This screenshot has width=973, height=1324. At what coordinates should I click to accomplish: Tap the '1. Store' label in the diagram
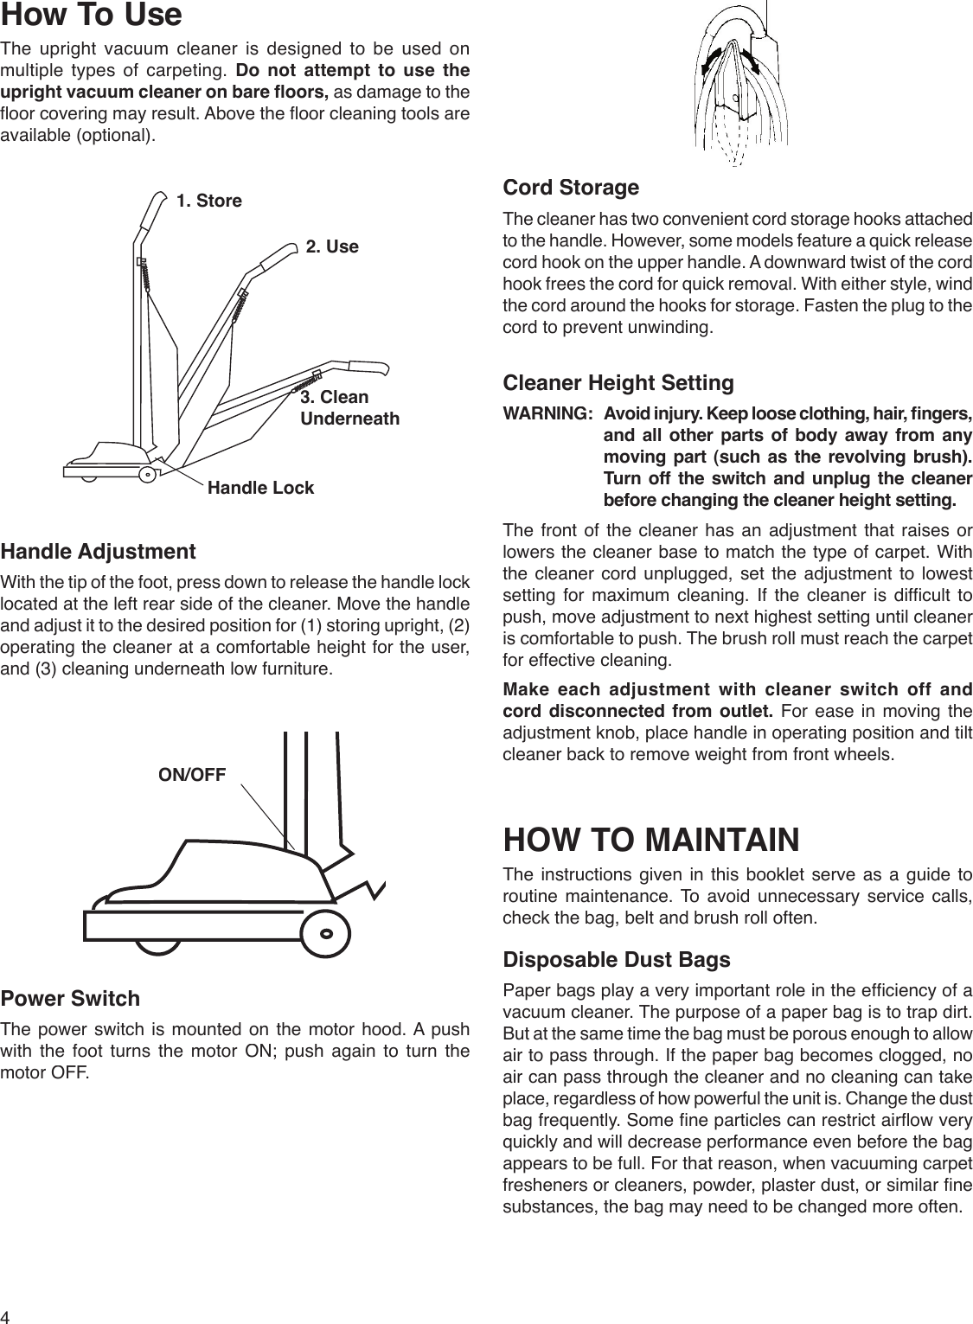(209, 201)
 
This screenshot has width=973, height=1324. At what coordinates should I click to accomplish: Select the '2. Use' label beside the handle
(332, 246)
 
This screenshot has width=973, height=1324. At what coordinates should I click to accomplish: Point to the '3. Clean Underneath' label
(349, 408)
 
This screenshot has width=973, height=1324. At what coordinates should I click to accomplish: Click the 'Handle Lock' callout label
(261, 488)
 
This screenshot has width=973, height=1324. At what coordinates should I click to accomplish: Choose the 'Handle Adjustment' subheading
(98, 552)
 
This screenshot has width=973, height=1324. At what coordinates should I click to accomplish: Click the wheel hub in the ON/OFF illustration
(326, 933)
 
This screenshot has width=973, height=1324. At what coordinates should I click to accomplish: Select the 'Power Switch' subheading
(70, 999)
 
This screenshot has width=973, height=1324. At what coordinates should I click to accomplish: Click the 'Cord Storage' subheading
(571, 188)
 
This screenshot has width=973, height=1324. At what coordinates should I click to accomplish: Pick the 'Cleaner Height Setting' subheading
(618, 382)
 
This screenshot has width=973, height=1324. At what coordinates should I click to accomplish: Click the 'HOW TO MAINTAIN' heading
(651, 840)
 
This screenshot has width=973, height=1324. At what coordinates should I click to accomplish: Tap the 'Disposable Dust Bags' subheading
(616, 960)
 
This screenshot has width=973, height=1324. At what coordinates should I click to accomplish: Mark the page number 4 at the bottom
(8, 1316)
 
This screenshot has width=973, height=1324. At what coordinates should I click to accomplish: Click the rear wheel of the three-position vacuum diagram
(149, 472)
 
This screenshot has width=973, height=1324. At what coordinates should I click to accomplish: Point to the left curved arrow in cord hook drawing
(712, 61)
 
